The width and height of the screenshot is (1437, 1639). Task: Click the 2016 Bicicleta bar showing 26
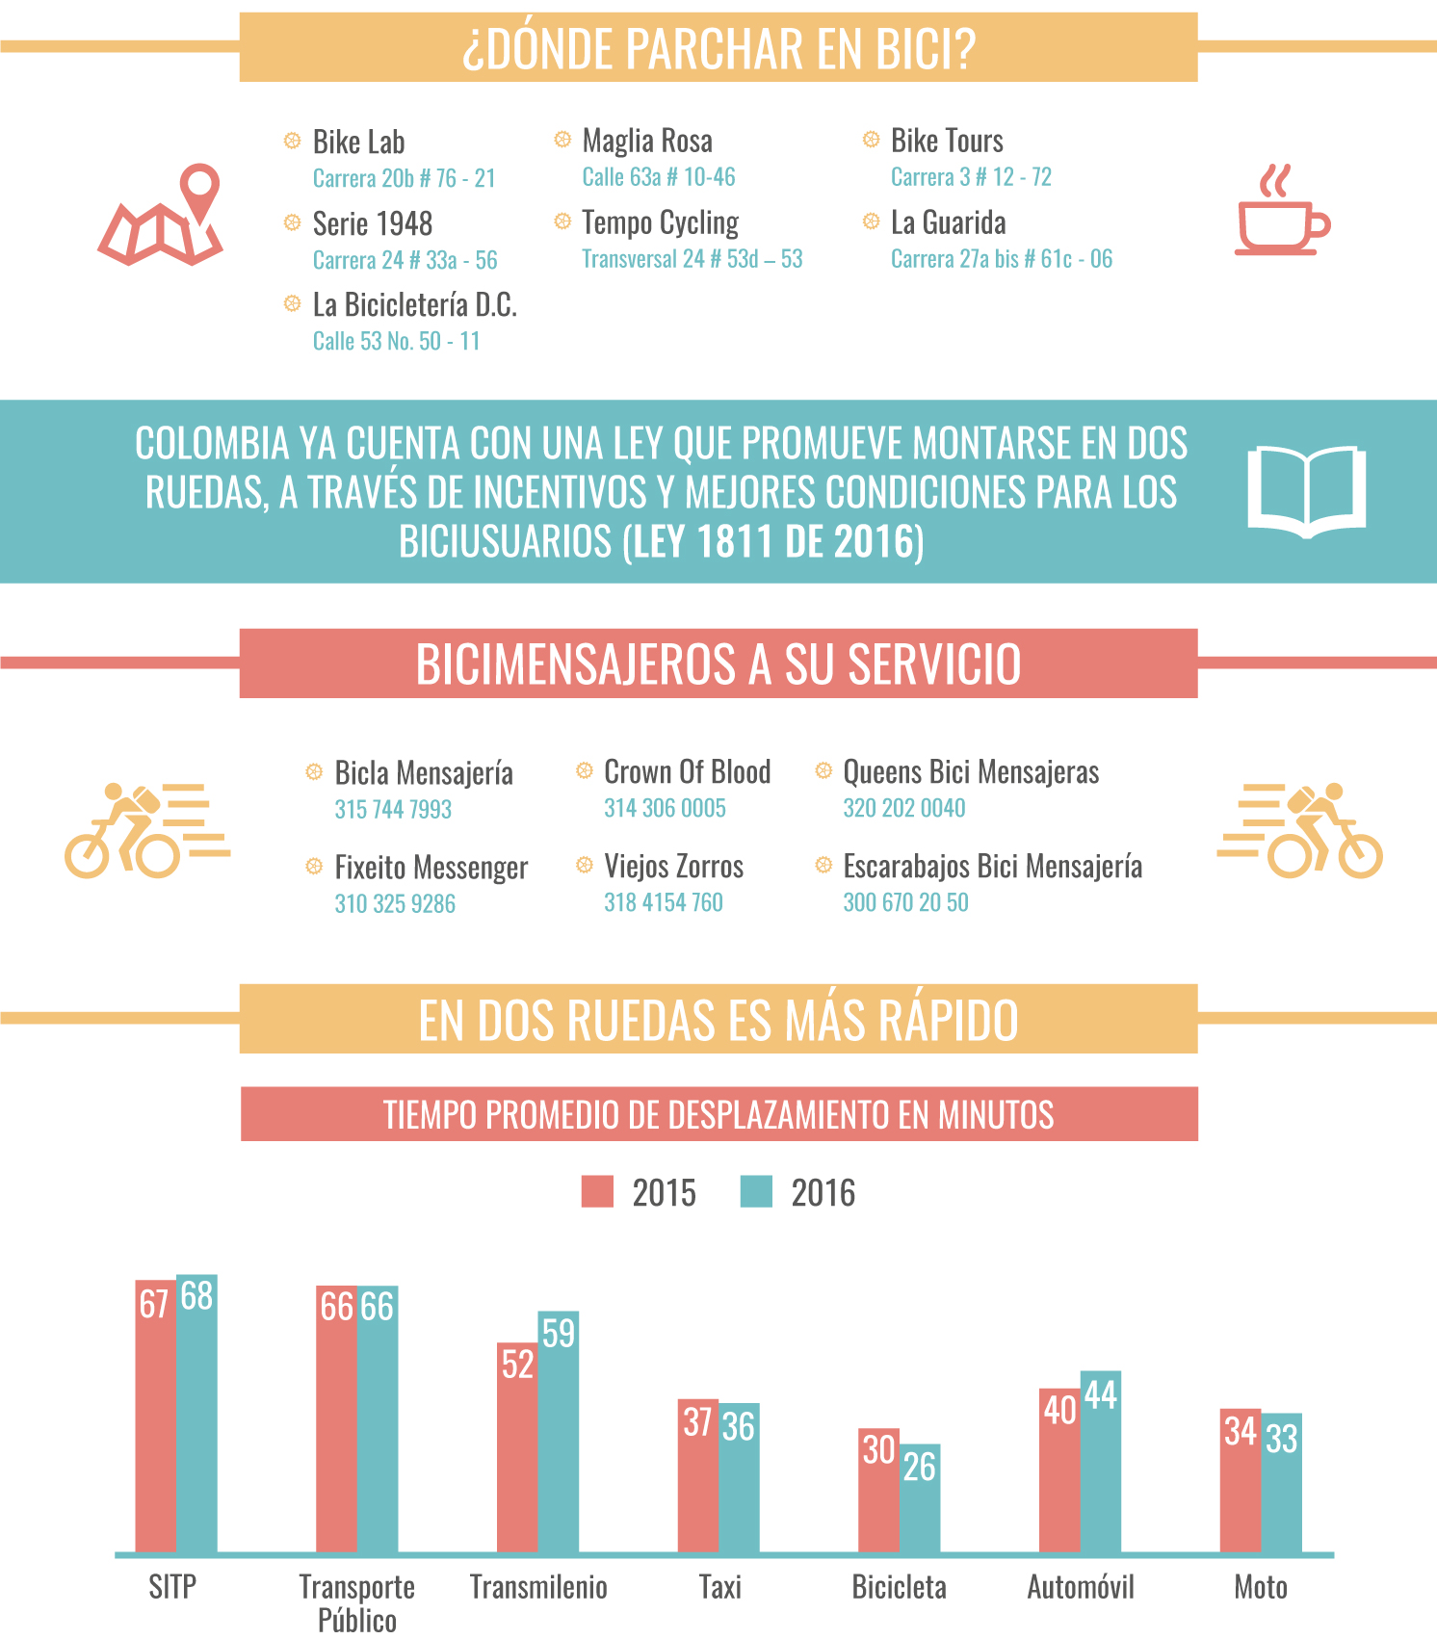coord(920,1497)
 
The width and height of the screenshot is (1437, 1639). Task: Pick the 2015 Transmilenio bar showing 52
coord(517,1447)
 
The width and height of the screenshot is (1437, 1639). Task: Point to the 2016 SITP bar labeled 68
coord(196,1414)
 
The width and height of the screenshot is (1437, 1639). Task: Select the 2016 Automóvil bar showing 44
coord(1101,1462)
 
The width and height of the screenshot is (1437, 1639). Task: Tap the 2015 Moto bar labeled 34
coord(1241,1480)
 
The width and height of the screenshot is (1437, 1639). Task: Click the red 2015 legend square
coord(598,1191)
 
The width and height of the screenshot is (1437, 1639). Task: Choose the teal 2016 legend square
coord(756,1191)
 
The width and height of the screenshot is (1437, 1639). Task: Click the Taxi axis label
coord(719,1587)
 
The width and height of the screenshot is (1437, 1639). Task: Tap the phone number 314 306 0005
coord(666,808)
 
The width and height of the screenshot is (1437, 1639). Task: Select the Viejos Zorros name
coord(674,867)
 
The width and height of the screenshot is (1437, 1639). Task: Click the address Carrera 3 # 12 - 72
coord(971,177)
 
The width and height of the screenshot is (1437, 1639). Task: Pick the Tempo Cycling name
coord(661,223)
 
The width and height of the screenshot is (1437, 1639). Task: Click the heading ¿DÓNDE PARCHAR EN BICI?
coord(718,48)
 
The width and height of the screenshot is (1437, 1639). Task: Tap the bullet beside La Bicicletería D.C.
coord(292,304)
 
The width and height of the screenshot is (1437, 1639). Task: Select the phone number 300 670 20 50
coord(906,902)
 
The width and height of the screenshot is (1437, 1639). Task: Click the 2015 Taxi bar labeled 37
coord(698,1475)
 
